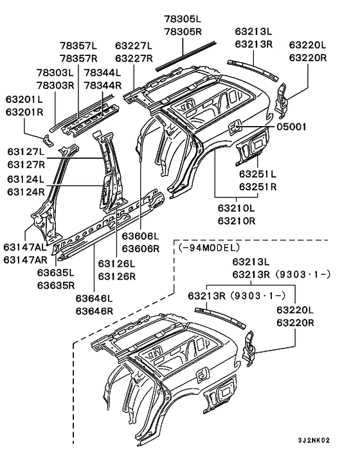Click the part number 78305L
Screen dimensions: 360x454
183,19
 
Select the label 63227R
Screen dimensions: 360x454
134,59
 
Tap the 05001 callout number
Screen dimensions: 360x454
291,127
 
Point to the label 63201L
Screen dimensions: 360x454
24,99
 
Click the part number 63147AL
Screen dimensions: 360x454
25,247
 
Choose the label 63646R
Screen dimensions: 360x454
94,311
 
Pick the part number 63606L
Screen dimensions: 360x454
140,236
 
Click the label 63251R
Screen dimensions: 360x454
258,186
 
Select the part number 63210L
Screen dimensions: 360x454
237,208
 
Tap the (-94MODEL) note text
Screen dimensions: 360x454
209,248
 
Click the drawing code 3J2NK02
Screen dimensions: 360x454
314,440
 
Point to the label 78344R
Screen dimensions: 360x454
103,86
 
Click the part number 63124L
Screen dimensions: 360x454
26,179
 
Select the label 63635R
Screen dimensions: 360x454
56,286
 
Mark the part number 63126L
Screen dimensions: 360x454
116,264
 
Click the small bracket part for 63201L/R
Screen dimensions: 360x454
48,140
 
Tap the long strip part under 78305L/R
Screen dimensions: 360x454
186,56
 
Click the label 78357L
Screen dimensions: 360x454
78,46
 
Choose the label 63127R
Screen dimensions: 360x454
26,164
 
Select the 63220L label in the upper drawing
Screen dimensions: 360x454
308,45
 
